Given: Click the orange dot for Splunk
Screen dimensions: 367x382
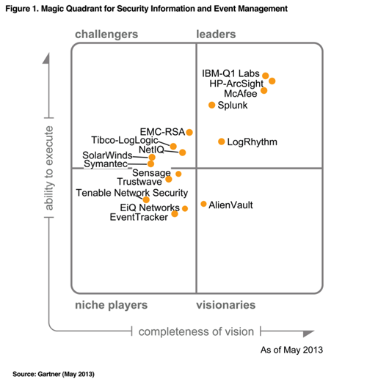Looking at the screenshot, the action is click(x=211, y=105).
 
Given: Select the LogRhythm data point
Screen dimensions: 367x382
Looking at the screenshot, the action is click(x=222, y=142).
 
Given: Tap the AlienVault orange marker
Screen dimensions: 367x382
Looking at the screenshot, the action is click(x=203, y=204).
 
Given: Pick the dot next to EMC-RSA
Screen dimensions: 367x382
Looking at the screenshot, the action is click(x=189, y=132).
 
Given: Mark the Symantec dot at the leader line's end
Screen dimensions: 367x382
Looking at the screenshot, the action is click(x=150, y=164).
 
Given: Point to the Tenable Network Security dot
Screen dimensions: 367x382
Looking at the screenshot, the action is click(x=146, y=199).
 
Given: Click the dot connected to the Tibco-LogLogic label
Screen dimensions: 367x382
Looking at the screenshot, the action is click(x=173, y=147).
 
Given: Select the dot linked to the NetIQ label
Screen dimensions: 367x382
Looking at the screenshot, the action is click(x=182, y=153).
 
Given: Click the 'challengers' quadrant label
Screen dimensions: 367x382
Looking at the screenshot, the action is click(x=106, y=34).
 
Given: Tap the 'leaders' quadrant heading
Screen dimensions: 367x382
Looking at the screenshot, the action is click(x=216, y=34).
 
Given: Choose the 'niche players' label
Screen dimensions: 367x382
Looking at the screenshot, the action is click(x=112, y=305).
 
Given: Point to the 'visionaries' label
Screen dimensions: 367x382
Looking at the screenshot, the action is click(x=226, y=305).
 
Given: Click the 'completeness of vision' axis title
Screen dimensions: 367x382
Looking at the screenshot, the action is click(x=196, y=331).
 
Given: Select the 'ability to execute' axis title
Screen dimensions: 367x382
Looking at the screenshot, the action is click(x=49, y=168).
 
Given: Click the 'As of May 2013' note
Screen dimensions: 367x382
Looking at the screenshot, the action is click(x=291, y=350).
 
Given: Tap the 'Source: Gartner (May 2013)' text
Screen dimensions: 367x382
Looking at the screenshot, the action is click(x=54, y=374).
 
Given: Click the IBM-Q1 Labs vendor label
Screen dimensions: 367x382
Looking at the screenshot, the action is click(x=230, y=73).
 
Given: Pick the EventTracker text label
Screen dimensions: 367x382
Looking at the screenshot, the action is click(x=139, y=217).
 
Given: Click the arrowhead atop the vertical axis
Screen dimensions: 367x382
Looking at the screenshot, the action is click(x=46, y=59).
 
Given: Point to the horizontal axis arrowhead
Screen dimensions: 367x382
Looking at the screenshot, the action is click(x=308, y=334).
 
